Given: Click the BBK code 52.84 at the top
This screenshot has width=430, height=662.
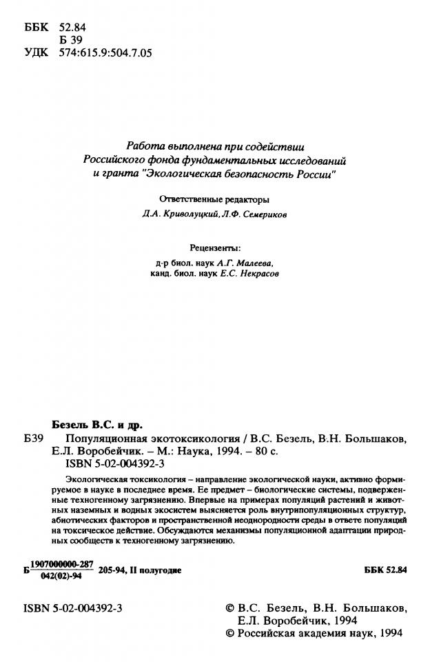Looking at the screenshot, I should tap(72, 27).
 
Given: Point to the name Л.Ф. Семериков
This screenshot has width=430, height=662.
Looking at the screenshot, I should tap(256, 214).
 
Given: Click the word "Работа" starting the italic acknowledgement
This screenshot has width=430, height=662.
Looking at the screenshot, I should tap(144, 146).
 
